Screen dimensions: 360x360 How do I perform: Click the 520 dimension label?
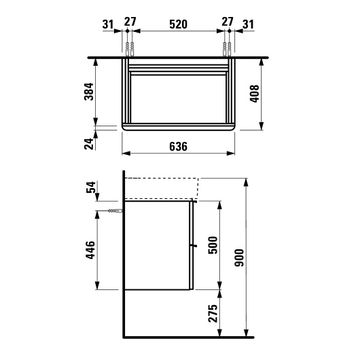[x=178, y=24]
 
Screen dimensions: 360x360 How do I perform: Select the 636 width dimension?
[x=178, y=147]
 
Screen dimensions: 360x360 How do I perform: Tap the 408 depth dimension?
[x=255, y=94]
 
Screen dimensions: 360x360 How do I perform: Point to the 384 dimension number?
[x=89, y=92]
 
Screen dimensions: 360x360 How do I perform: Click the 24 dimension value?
[x=89, y=144]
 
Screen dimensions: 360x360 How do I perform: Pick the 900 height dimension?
[x=239, y=257]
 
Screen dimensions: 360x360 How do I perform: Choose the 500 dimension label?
[x=213, y=245]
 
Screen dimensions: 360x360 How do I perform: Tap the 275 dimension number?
[x=213, y=313]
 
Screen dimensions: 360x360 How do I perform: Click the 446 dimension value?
[x=90, y=250]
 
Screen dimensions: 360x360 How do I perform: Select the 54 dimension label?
[x=91, y=187]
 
